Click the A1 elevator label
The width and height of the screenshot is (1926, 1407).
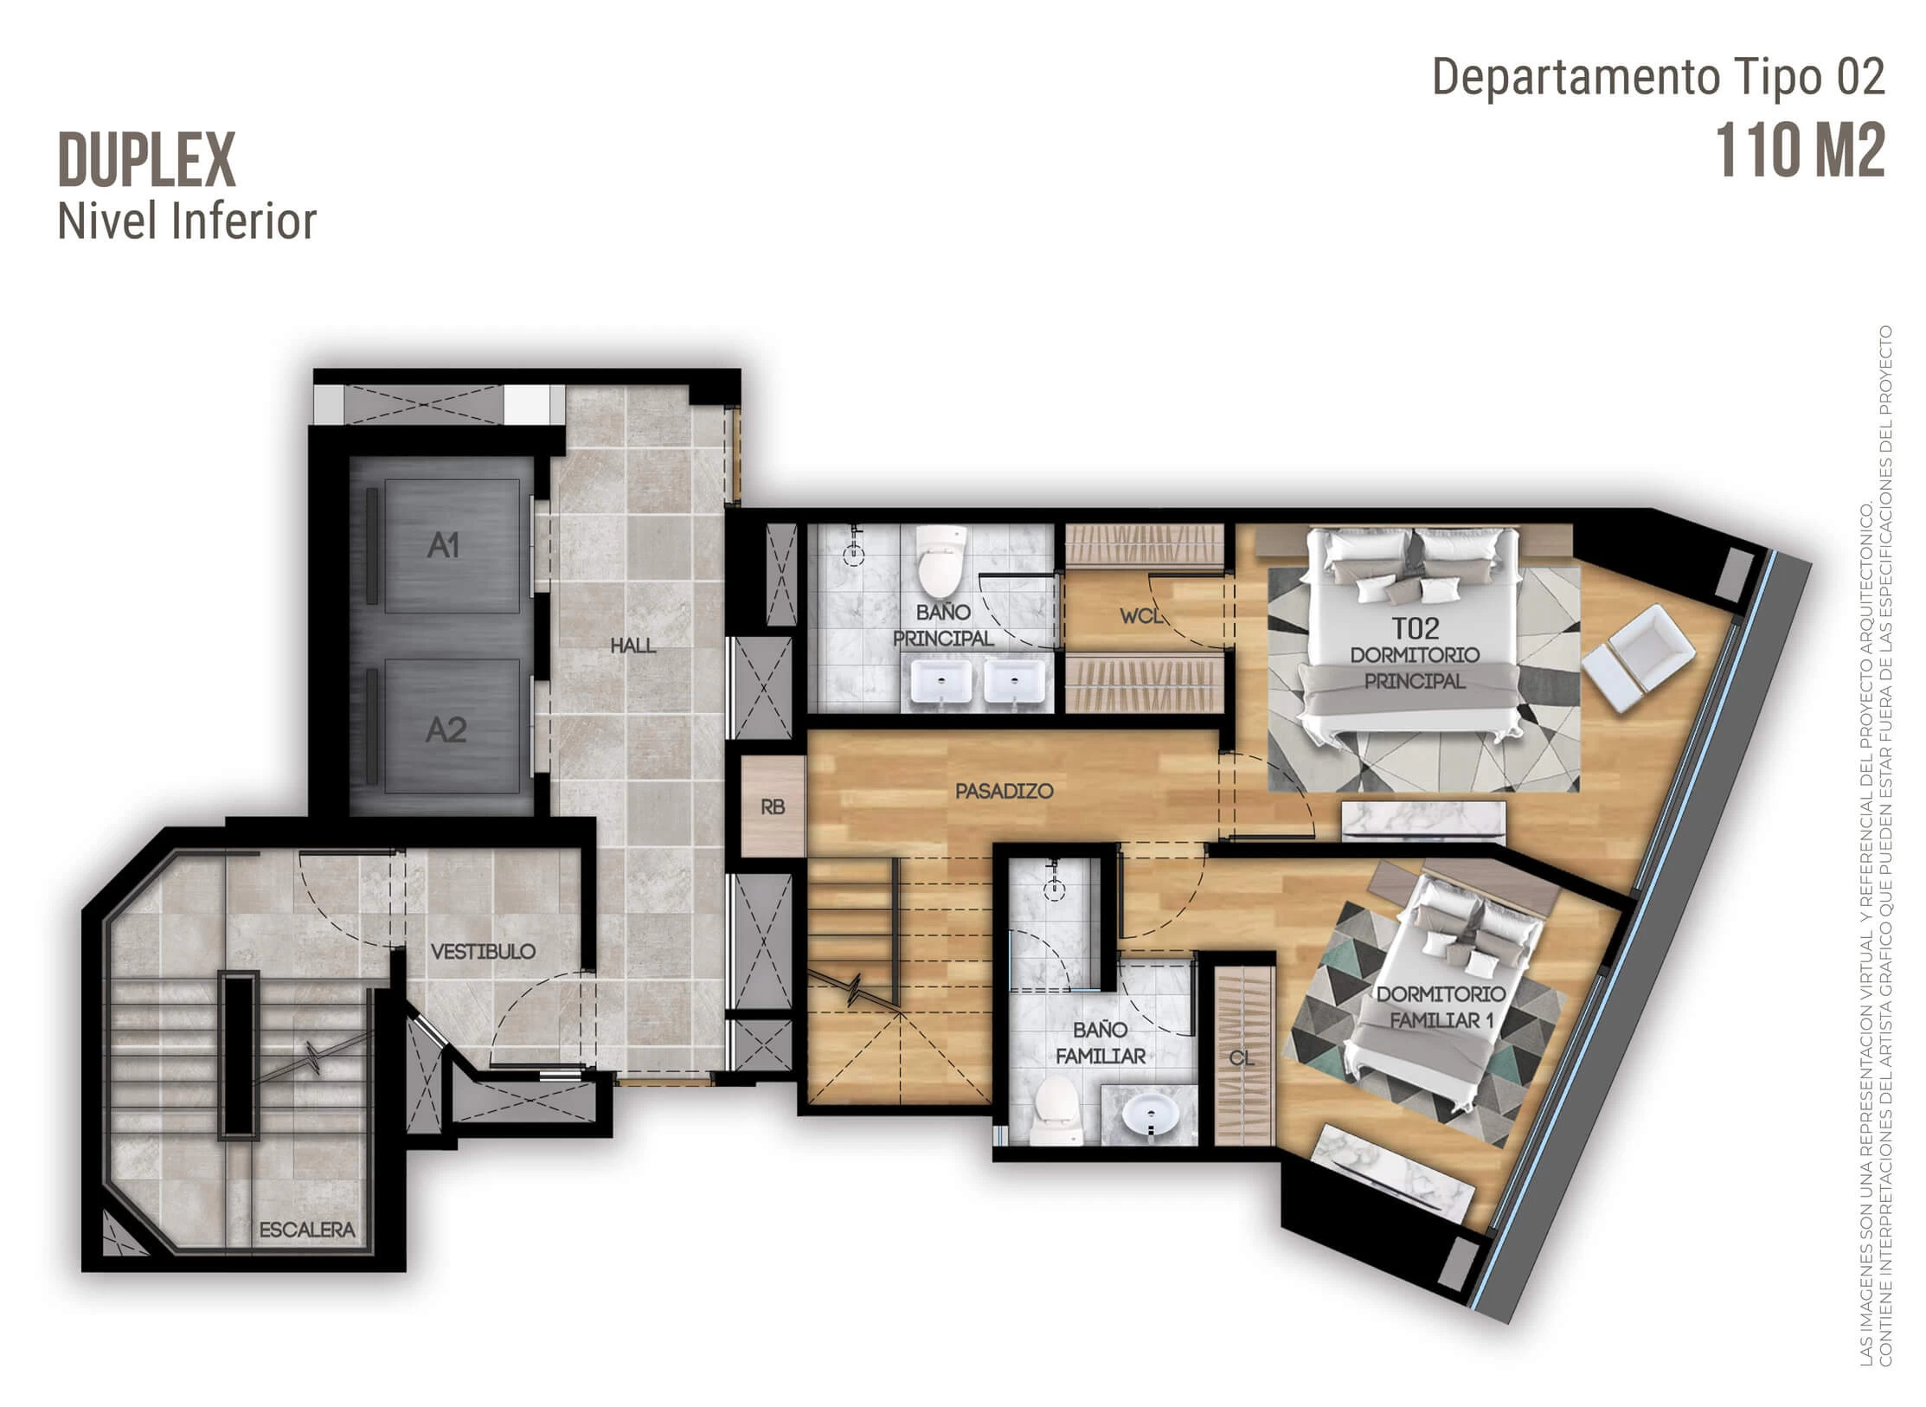(x=443, y=546)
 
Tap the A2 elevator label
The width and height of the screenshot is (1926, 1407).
(x=446, y=731)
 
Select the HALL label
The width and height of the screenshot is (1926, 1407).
(x=632, y=646)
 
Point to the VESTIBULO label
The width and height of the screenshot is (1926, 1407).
(x=483, y=952)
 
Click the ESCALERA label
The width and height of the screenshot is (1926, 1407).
(x=307, y=1230)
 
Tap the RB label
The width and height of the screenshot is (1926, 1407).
(x=773, y=807)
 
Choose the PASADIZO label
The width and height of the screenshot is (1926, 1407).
(x=1004, y=791)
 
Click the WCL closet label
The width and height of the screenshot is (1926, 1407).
(x=1141, y=617)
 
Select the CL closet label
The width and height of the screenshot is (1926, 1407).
(x=1241, y=1058)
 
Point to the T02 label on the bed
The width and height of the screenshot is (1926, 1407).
(x=1416, y=627)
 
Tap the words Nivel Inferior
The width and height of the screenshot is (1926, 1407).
(x=187, y=221)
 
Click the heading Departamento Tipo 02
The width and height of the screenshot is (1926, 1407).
(x=1659, y=77)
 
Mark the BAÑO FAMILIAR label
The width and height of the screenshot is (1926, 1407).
(x=1100, y=1043)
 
